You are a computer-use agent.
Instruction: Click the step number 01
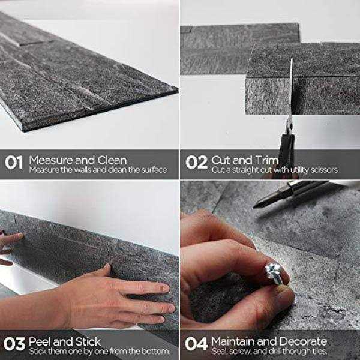tap(14, 163)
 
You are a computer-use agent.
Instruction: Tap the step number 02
tap(196, 163)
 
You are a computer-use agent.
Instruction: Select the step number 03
tap(14, 344)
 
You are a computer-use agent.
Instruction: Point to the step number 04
tap(196, 344)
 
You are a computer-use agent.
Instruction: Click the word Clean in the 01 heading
tap(112, 160)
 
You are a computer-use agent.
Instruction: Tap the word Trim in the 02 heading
tap(266, 160)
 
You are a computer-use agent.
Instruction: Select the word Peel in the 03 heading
tap(40, 341)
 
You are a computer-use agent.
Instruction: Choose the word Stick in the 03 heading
tap(88, 341)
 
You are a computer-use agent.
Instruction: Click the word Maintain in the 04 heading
tap(233, 341)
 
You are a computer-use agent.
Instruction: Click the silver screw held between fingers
tap(274, 274)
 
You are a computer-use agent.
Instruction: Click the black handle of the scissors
tap(287, 152)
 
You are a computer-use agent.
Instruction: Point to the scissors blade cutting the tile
tap(291, 92)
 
